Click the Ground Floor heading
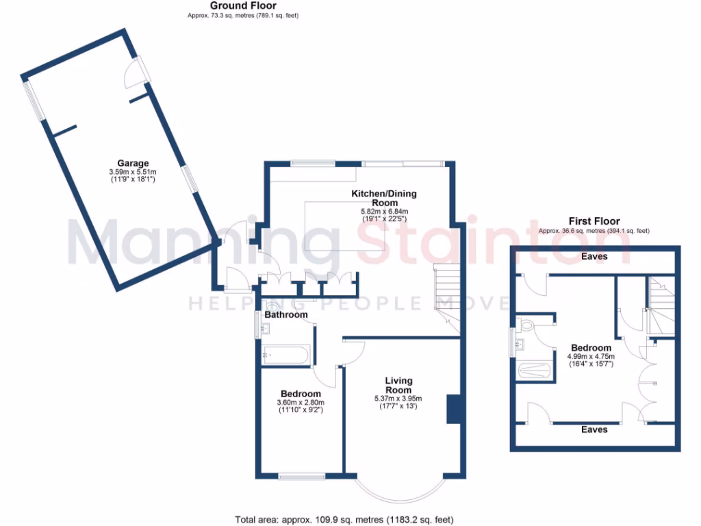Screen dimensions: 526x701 coord(243,5)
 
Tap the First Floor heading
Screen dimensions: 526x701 coord(594,221)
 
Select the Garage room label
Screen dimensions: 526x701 coord(133,164)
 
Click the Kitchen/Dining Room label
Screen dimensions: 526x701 coord(384,199)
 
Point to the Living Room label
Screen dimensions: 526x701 coord(398,385)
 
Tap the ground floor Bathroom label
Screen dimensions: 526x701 coord(286,315)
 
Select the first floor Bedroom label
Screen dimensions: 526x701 coord(591,347)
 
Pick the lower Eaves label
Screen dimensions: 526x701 coord(594,429)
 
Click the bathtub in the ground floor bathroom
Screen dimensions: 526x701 coord(285,355)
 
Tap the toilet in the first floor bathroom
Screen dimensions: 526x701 coord(526,324)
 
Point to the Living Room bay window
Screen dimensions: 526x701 coord(400,490)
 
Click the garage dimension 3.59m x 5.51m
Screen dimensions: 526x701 coord(133,172)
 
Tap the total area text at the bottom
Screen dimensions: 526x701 coord(344,520)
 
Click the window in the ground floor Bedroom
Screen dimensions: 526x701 coord(301,476)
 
